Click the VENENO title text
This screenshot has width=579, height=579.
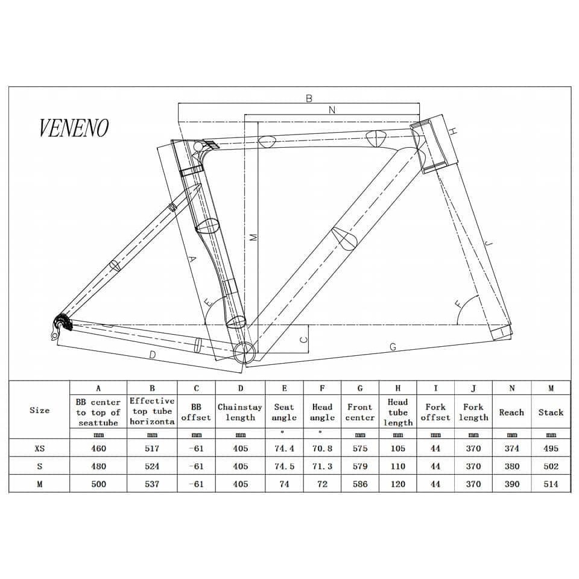click(x=74, y=128)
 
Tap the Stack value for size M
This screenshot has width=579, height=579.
click(x=551, y=484)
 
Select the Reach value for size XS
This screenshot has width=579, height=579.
click(x=512, y=448)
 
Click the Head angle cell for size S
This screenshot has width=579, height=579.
click(x=322, y=466)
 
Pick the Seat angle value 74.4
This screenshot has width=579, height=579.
click(x=284, y=448)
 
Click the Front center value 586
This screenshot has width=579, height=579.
click(x=360, y=484)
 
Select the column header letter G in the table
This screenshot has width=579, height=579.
click(x=360, y=388)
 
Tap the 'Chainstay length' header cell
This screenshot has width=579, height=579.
click(x=240, y=413)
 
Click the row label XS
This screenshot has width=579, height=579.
click(x=40, y=448)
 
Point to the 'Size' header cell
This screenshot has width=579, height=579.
click(x=40, y=410)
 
